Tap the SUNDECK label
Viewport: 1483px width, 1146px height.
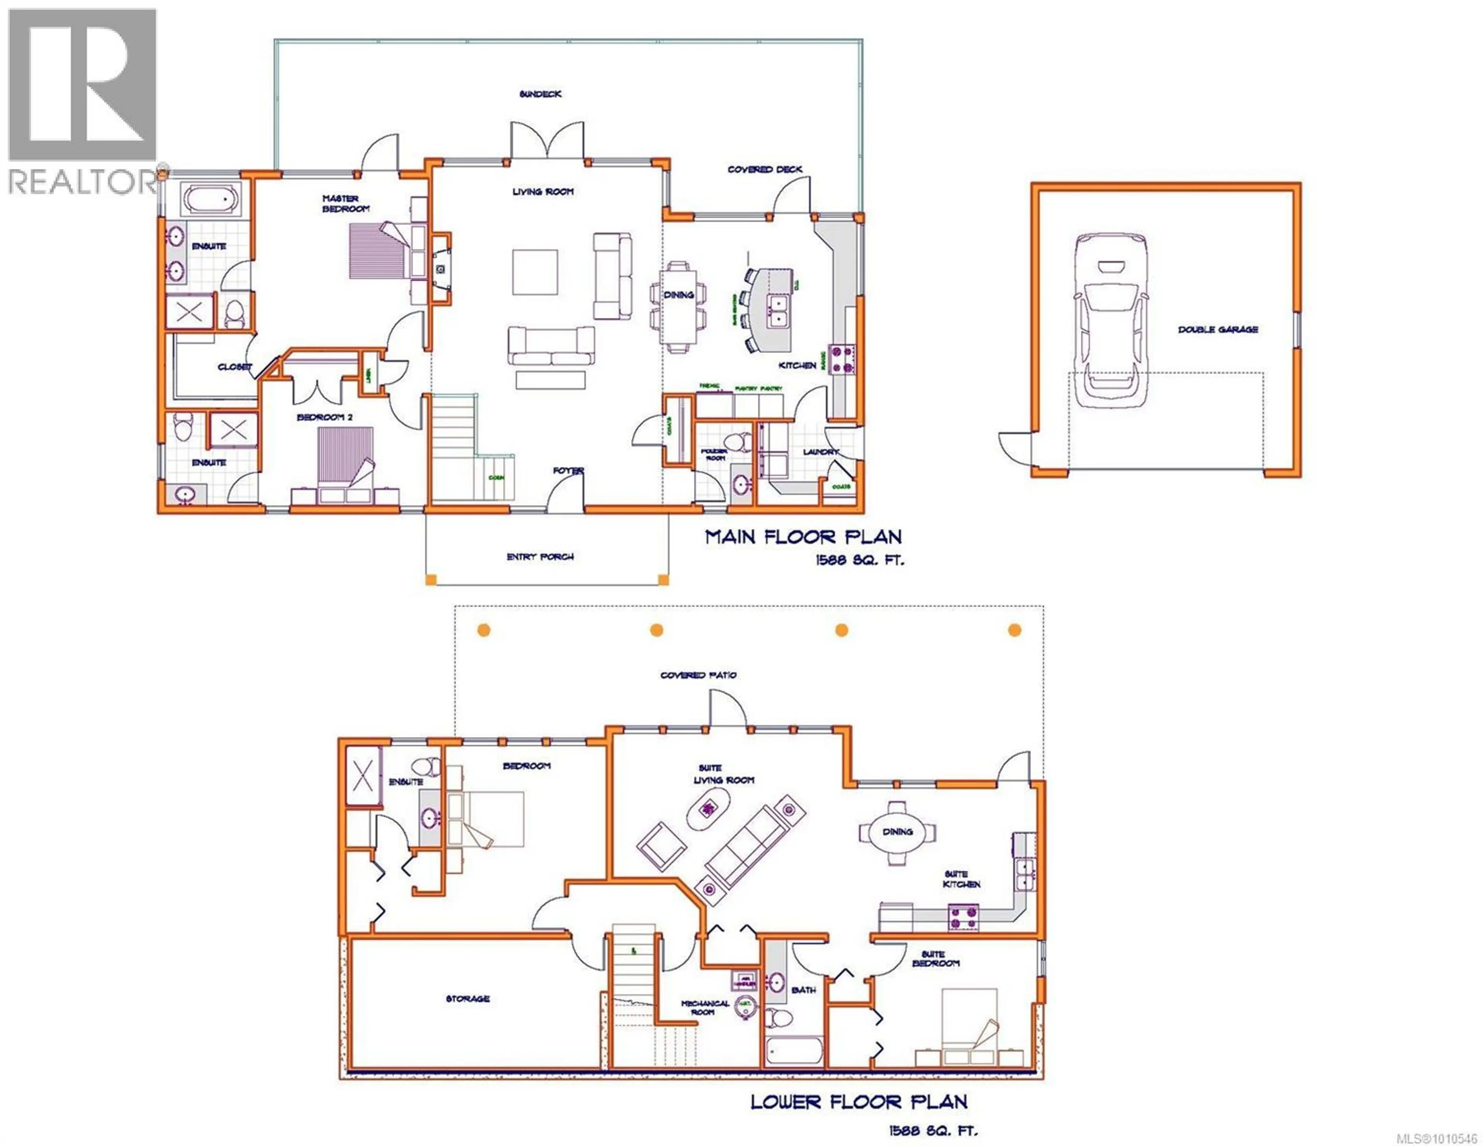coord(541,94)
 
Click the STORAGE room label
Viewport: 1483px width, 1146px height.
coord(467,998)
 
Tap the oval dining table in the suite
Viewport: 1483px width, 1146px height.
coord(897,832)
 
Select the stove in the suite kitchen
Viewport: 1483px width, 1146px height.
coord(964,917)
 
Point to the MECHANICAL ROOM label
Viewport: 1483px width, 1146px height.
coord(705,1007)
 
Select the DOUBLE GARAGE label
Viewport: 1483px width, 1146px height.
coord(1218,329)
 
